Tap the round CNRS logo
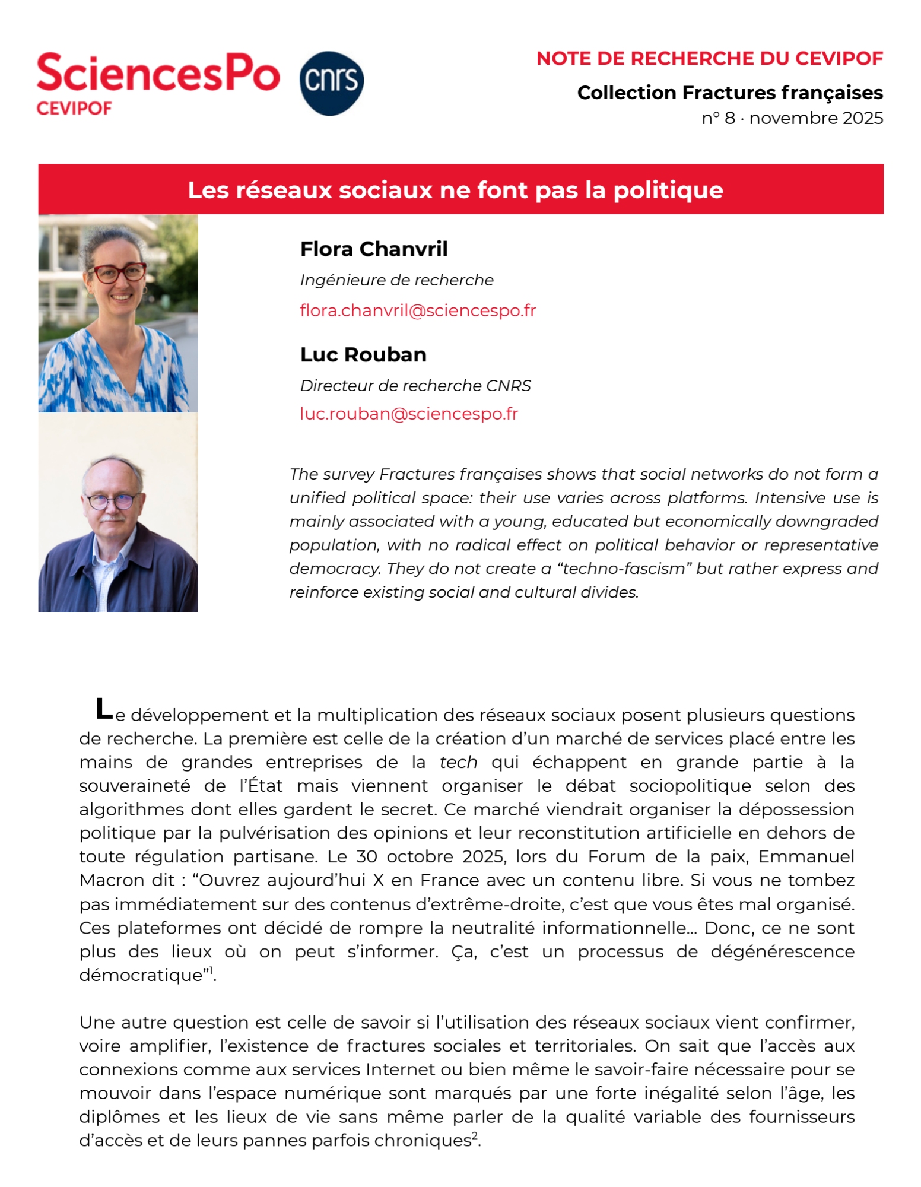pyautogui.click(x=331, y=82)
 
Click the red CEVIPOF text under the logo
pyautogui.click(x=74, y=108)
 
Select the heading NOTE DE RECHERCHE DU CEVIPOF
pyautogui.click(x=709, y=58)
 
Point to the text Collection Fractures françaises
pyautogui.click(x=729, y=93)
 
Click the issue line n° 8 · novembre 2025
pyautogui.click(x=792, y=118)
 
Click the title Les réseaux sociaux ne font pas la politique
pyautogui.click(x=455, y=190)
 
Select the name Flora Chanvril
pyautogui.click(x=374, y=249)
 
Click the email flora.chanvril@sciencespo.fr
pyautogui.click(x=418, y=310)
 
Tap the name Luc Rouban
pyautogui.click(x=363, y=354)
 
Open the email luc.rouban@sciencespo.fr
pyautogui.click(x=409, y=414)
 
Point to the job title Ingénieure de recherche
pyautogui.click(x=396, y=280)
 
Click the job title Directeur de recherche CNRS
pyautogui.click(x=415, y=386)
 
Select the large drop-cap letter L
pyautogui.click(x=104, y=708)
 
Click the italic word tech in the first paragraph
pyautogui.click(x=458, y=762)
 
